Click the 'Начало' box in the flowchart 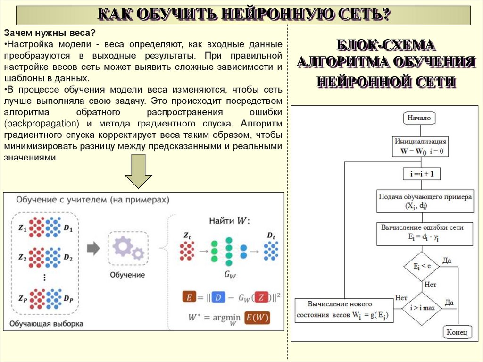pyautogui.click(x=419, y=118)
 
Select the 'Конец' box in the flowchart pyautogui.click(x=457, y=333)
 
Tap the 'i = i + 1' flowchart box pyautogui.click(x=421, y=174)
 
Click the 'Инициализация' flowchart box pyautogui.click(x=421, y=146)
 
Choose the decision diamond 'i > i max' pyautogui.click(x=422, y=308)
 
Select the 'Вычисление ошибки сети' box pyautogui.click(x=425, y=233)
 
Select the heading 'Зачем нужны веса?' pyautogui.click(x=50, y=33)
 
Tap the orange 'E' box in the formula pyautogui.click(x=189, y=297)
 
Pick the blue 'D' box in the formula pyautogui.click(x=218, y=297)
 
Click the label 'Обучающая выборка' pyautogui.click(x=46, y=324)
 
